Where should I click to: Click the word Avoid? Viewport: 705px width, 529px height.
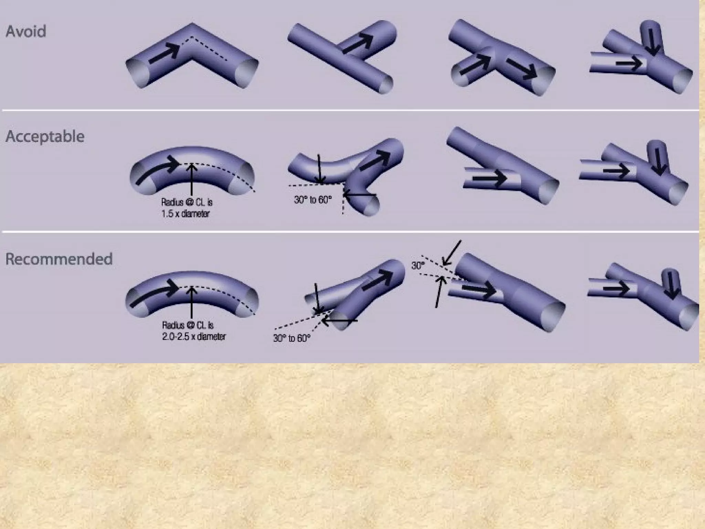click(26, 32)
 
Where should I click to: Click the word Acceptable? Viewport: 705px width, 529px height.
click(45, 137)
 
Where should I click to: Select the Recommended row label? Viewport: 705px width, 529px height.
click(59, 259)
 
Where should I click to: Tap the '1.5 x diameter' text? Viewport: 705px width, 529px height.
click(186, 214)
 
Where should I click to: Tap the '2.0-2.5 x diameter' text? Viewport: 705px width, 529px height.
click(194, 336)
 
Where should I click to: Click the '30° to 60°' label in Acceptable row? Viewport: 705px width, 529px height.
click(313, 200)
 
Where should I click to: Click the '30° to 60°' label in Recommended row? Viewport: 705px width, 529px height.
click(292, 338)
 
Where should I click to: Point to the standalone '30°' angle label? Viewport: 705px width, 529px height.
click(418, 266)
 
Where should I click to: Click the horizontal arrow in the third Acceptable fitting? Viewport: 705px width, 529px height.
click(489, 178)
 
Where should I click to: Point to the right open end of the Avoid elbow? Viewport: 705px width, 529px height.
click(247, 72)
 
